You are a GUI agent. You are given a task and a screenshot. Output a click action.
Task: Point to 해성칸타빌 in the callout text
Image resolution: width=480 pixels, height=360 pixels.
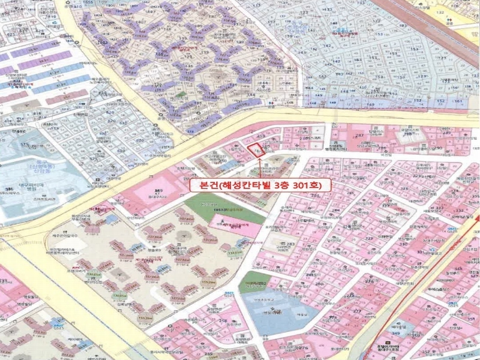click(x=247, y=186)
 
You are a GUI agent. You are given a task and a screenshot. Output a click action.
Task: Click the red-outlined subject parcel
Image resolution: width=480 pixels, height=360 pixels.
click(x=259, y=150)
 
